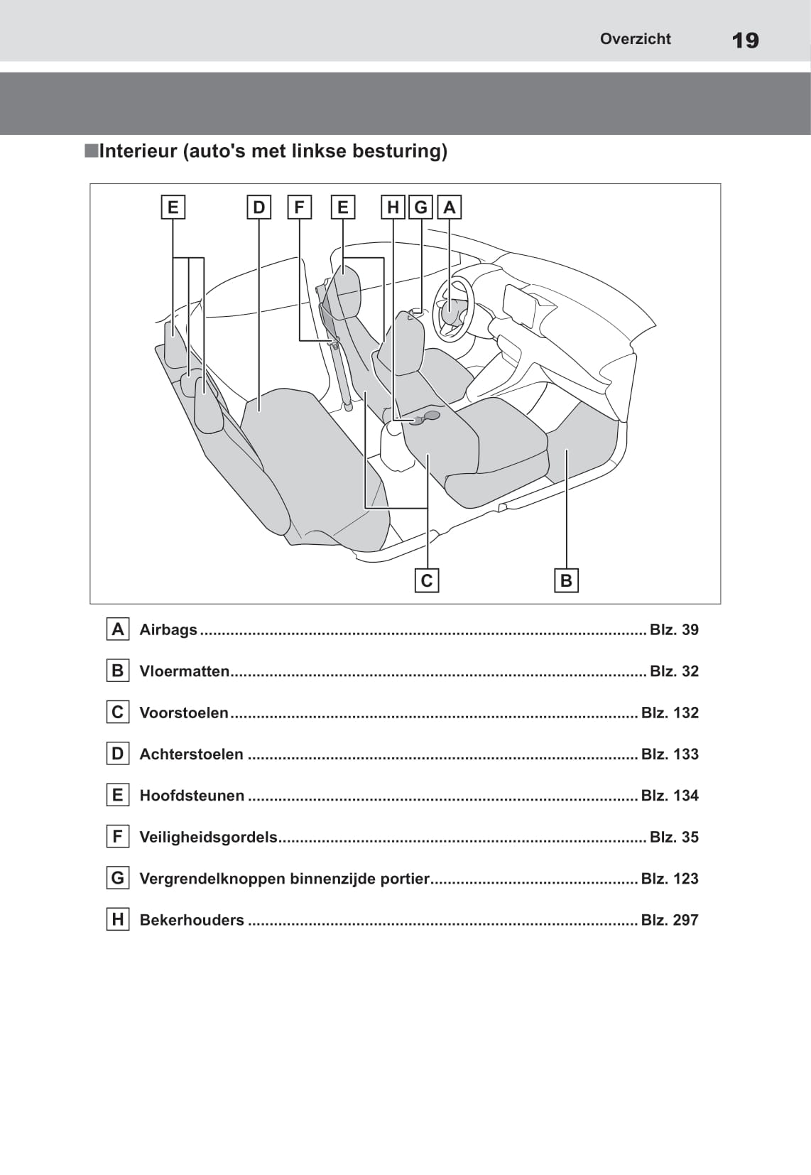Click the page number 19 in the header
[x=745, y=40]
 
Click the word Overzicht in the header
[x=635, y=39]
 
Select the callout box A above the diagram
[x=449, y=207]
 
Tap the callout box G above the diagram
[x=421, y=207]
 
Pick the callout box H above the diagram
[x=393, y=207]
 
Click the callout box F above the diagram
[x=299, y=207]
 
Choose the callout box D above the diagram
[x=258, y=207]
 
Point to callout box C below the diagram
[x=426, y=580]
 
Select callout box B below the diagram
[x=566, y=580]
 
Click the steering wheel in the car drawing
[x=453, y=310]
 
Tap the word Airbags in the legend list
[x=168, y=629]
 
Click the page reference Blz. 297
[x=670, y=920]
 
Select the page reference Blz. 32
[x=674, y=671]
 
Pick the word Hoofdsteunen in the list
[x=192, y=796]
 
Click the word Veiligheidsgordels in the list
[x=208, y=837]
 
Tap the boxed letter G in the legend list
[x=118, y=878]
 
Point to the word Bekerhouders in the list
[x=192, y=920]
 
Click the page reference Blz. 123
[x=670, y=879]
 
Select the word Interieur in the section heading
[x=138, y=151]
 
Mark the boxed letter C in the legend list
[x=118, y=712]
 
